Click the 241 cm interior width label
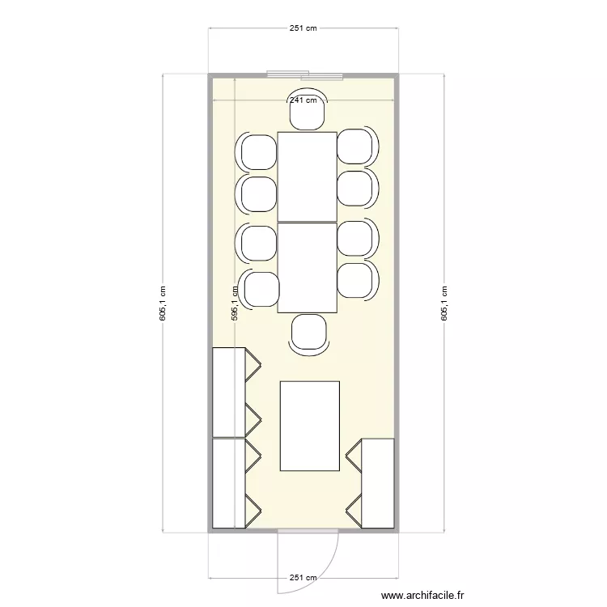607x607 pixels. (x=303, y=100)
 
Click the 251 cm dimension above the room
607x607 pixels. (x=303, y=28)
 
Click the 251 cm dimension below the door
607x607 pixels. (x=303, y=578)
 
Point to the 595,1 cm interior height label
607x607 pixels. (x=234, y=304)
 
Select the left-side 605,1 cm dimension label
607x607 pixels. (x=163, y=304)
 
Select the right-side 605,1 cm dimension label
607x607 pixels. (x=444, y=304)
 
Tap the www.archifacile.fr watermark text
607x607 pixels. (x=422, y=596)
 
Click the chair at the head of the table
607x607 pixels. (x=308, y=112)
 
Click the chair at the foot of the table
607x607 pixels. (x=308, y=333)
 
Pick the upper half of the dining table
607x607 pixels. (x=307, y=176)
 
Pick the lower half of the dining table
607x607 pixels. (x=307, y=267)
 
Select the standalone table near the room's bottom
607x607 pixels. (x=309, y=426)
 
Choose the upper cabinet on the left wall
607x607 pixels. (x=229, y=393)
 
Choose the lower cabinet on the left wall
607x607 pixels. (x=229, y=484)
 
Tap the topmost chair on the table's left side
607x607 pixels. (x=258, y=151)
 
